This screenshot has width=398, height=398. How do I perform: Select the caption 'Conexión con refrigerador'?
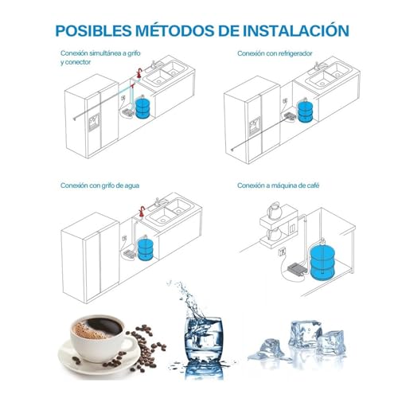pyautogui.click(x=273, y=53)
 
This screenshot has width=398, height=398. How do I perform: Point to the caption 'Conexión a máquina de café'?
pyautogui.click(x=275, y=185)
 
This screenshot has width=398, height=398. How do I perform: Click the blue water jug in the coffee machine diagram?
pyautogui.click(x=322, y=261)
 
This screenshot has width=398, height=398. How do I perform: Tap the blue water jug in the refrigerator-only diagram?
pyautogui.click(x=306, y=108)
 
